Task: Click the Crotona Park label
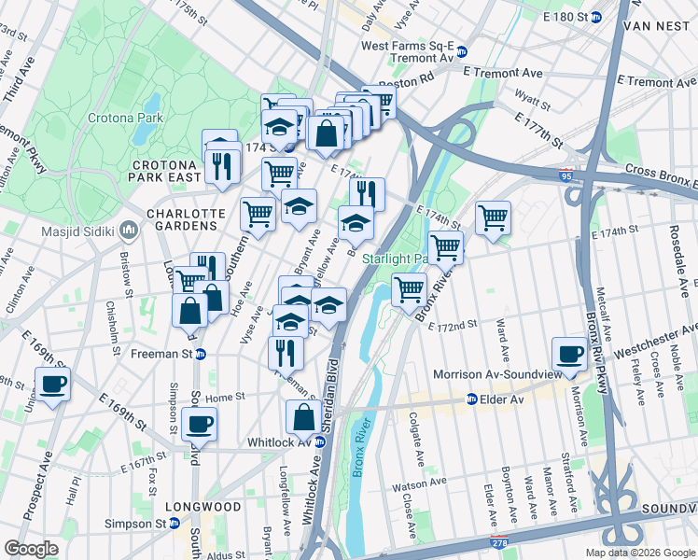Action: pyautogui.click(x=125, y=118)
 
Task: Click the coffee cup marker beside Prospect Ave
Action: pyautogui.click(x=52, y=384)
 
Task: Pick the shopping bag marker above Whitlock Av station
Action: pyautogui.click(x=304, y=416)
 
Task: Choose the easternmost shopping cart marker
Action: pyautogui.click(x=493, y=218)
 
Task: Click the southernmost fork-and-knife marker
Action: pyautogui.click(x=286, y=352)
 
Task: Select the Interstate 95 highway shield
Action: pyautogui.click(x=569, y=175)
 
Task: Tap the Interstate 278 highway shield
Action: pyautogui.click(x=501, y=542)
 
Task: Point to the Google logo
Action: pyautogui.click(x=32, y=549)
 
